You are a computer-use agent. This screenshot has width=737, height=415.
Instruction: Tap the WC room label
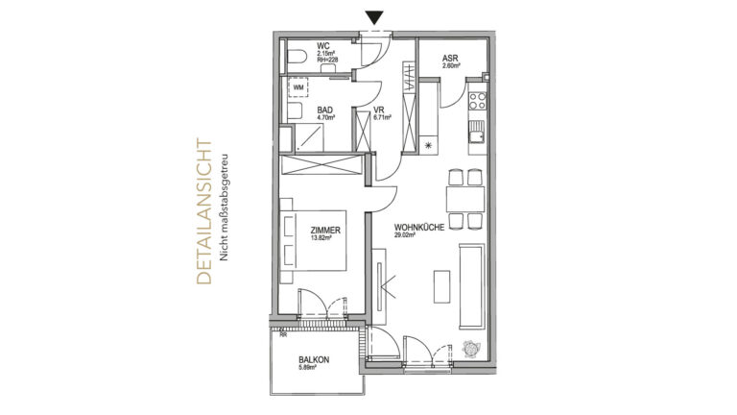[323, 45]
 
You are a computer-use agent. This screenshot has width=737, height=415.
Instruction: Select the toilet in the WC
[297, 58]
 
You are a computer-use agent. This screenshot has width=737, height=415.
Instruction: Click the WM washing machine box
[298, 87]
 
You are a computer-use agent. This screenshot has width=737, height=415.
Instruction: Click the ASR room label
[449, 59]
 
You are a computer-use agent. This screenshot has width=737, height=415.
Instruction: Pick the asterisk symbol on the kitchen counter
[428, 145]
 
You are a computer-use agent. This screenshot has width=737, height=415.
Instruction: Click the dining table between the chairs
[464, 200]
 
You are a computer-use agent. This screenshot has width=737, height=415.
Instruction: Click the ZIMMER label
[324, 232]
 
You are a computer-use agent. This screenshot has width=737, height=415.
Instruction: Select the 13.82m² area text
[321, 240]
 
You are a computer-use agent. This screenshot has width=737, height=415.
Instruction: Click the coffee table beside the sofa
[441, 284]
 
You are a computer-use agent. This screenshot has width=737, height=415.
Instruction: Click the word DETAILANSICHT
[202, 214]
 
